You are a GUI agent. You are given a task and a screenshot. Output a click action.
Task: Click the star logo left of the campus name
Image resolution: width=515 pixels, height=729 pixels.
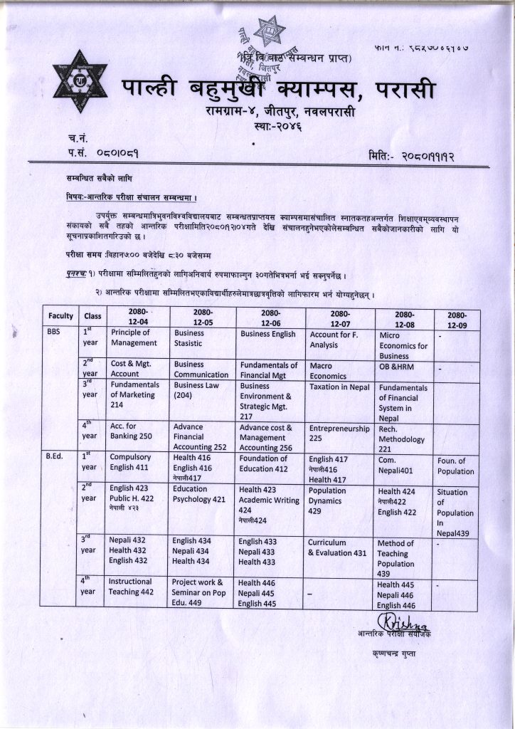tap(79, 81)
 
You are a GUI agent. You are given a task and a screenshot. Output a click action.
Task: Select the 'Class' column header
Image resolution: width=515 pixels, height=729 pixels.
tap(92, 315)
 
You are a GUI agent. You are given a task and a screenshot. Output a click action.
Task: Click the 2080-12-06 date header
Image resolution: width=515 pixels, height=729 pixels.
tap(270, 317)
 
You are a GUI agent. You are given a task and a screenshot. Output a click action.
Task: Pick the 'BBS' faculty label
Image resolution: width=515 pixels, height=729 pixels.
tap(54, 332)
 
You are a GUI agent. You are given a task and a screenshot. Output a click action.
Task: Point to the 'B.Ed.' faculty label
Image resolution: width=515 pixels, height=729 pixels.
tap(56, 458)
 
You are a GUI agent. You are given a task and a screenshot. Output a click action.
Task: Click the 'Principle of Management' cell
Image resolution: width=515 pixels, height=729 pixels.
tap(134, 337)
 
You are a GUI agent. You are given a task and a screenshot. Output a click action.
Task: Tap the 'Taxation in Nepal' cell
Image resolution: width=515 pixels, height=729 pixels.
tap(339, 387)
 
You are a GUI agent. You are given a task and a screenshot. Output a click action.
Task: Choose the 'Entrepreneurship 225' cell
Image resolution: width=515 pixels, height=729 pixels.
tap(339, 434)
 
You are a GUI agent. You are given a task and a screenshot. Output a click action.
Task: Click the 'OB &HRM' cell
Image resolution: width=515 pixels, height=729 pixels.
tap(397, 367)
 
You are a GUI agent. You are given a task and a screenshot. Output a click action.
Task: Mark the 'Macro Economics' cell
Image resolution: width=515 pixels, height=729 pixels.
tap(327, 370)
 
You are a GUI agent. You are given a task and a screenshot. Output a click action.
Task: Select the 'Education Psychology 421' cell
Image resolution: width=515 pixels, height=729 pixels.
tap(199, 494)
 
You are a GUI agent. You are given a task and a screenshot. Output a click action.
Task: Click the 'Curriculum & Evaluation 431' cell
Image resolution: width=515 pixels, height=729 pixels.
tap(337, 547)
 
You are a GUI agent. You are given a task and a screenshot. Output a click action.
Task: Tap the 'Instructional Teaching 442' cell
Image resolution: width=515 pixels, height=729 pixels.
tap(130, 586)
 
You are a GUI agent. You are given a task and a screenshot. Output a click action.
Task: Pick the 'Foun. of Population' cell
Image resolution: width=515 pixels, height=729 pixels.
tap(456, 466)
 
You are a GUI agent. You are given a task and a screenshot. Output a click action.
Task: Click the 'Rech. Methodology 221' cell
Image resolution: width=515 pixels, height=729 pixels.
tap(398, 439)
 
